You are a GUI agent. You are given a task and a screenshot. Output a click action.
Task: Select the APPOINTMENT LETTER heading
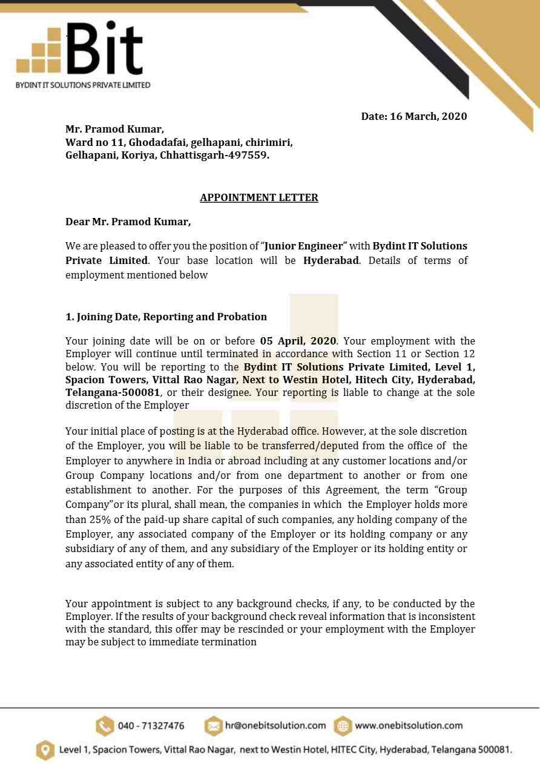(x=259, y=197)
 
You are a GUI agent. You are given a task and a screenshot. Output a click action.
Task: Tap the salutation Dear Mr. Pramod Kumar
(x=128, y=222)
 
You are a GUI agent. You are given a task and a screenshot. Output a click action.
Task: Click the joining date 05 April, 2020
(x=298, y=341)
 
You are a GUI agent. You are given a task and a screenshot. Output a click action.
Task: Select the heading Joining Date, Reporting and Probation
(x=166, y=317)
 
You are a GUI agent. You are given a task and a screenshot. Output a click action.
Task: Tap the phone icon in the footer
(x=105, y=725)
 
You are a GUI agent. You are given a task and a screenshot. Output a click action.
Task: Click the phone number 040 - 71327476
(x=151, y=726)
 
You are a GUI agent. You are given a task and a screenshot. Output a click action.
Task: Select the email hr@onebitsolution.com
(x=275, y=725)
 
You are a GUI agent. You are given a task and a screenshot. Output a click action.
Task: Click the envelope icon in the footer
(x=214, y=725)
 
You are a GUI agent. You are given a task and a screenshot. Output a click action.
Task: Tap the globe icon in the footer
(x=343, y=725)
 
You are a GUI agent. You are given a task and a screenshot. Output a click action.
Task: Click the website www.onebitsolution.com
(x=409, y=725)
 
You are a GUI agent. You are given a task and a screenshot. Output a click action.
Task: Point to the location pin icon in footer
(x=45, y=749)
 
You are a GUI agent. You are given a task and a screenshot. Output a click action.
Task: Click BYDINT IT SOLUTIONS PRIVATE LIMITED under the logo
(x=83, y=85)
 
